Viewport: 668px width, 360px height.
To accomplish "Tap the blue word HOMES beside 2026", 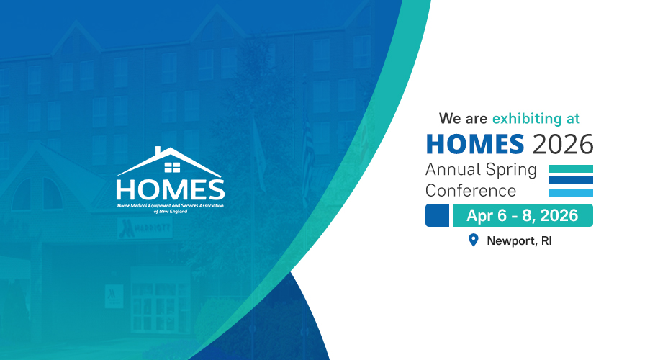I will (475, 144).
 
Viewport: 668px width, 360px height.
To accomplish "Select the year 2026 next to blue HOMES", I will (563, 144).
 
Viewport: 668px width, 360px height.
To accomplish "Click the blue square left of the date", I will (438, 215).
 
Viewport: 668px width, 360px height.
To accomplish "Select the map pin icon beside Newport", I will (473, 240).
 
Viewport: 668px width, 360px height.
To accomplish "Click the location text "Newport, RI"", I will (519, 240).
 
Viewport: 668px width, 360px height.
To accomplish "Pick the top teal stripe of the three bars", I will (571, 168).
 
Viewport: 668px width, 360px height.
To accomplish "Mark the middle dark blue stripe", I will (571, 180).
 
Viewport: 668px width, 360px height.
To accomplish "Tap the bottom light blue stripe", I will (571, 192).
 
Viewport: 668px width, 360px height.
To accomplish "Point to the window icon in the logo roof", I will (171, 168).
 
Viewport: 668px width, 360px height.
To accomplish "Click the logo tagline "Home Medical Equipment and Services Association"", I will (170, 206).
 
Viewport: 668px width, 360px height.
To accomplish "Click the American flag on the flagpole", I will (309, 144).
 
